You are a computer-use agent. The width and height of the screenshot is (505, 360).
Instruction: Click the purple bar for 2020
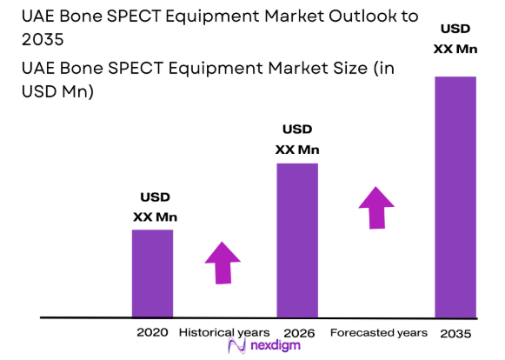pyautogui.click(x=152, y=273)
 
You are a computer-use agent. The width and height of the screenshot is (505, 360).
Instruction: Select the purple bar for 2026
pyautogui.click(x=297, y=240)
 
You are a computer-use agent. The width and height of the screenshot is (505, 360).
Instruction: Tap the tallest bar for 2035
pyautogui.click(x=455, y=197)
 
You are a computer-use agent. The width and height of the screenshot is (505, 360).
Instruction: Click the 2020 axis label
pyautogui.click(x=152, y=332)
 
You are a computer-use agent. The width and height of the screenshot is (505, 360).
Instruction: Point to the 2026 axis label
pyautogui.click(x=298, y=332)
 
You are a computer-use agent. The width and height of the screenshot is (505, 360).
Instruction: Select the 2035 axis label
pyautogui.click(x=456, y=332)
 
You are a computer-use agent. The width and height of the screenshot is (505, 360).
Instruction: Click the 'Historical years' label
pyautogui.click(x=224, y=332)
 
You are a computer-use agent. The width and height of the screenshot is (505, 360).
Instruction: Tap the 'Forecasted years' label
pyautogui.click(x=378, y=332)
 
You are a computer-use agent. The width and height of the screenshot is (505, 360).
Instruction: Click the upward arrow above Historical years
pyautogui.click(x=223, y=262)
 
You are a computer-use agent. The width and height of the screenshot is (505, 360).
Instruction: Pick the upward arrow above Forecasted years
pyautogui.click(x=375, y=208)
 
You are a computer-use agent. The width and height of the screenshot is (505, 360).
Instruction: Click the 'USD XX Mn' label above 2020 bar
pyautogui.click(x=155, y=206)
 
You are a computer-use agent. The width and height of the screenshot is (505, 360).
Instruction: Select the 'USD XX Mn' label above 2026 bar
pyautogui.click(x=297, y=139)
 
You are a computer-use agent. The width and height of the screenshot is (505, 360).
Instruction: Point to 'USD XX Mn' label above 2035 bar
pyautogui.click(x=455, y=38)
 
